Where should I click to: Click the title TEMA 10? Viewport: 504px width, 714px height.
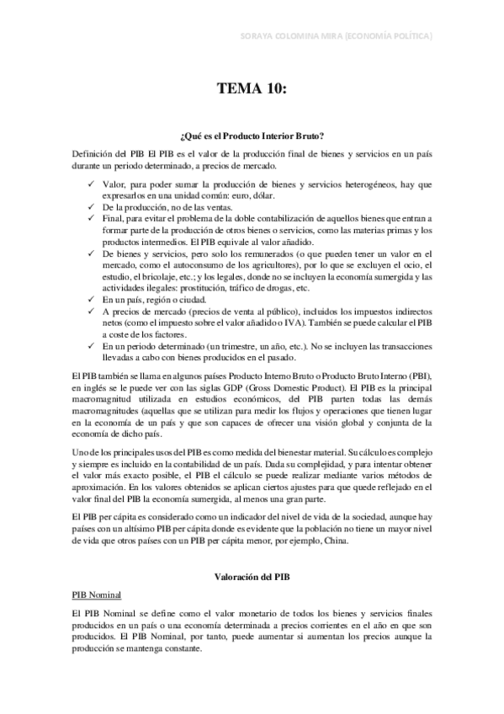(x=252, y=87)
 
